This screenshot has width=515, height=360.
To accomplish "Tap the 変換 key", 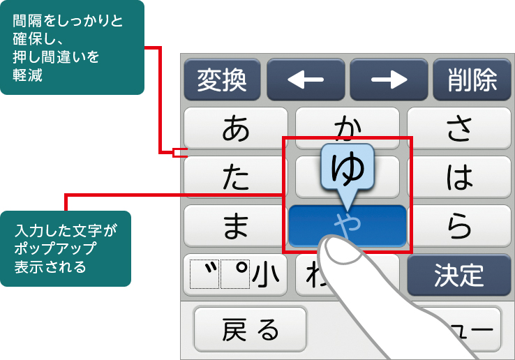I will [222, 80].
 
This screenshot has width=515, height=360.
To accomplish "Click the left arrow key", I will [306, 80].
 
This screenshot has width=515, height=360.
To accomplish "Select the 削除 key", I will [472, 80].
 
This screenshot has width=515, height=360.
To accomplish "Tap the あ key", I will [236, 128].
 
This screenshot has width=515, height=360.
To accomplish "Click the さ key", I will [459, 128].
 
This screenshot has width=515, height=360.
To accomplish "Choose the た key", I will [236, 178].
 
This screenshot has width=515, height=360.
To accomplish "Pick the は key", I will [459, 178].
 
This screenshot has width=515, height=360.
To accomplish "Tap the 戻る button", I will [250, 329].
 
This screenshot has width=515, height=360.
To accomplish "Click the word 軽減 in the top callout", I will [29, 75].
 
